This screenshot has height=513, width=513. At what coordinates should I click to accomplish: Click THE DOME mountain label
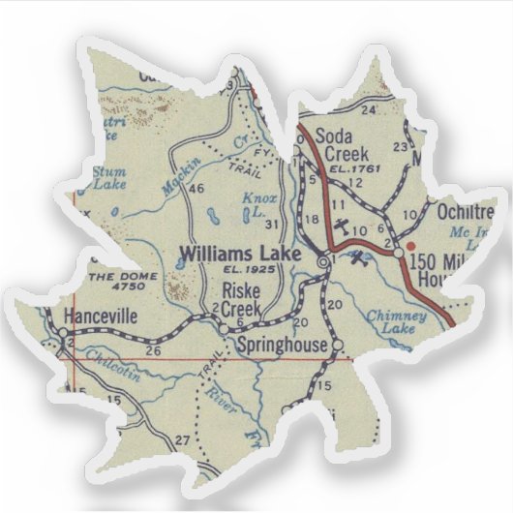coord(115,282)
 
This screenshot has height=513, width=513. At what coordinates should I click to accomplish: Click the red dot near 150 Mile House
coord(410,231)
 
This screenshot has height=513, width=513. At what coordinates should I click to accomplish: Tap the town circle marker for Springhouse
coord(338,346)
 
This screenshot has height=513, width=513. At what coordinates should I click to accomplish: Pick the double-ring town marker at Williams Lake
coord(323,259)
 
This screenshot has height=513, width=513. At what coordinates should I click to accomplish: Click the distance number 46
coord(196,188)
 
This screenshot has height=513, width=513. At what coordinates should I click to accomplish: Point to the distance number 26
coord(153,350)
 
